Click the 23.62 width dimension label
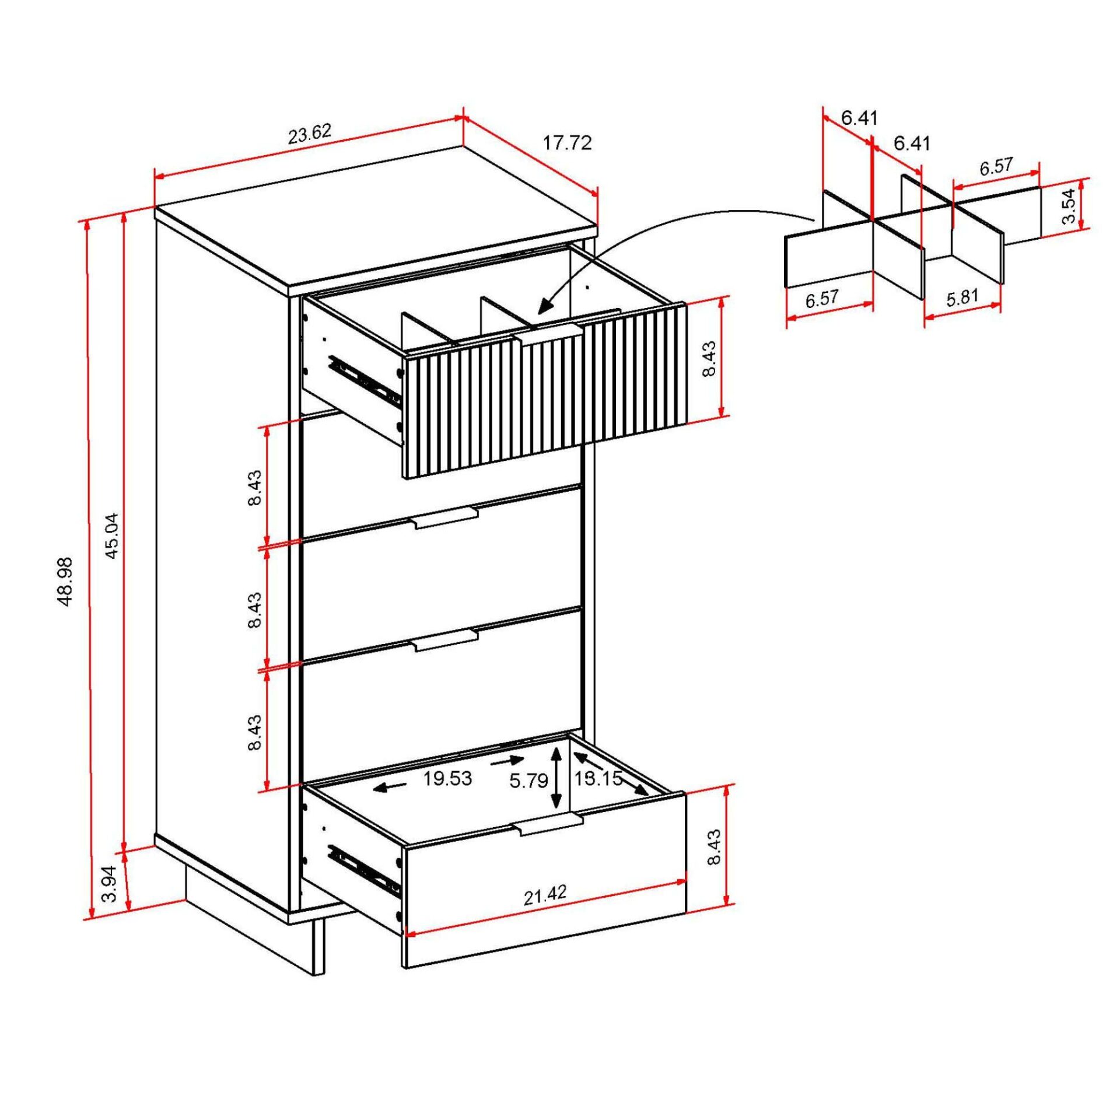click(310, 134)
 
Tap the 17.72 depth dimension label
click(567, 143)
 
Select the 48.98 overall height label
click(65, 581)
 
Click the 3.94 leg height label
click(110, 884)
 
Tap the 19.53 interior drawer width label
click(447, 779)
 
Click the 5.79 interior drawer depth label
click(528, 781)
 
